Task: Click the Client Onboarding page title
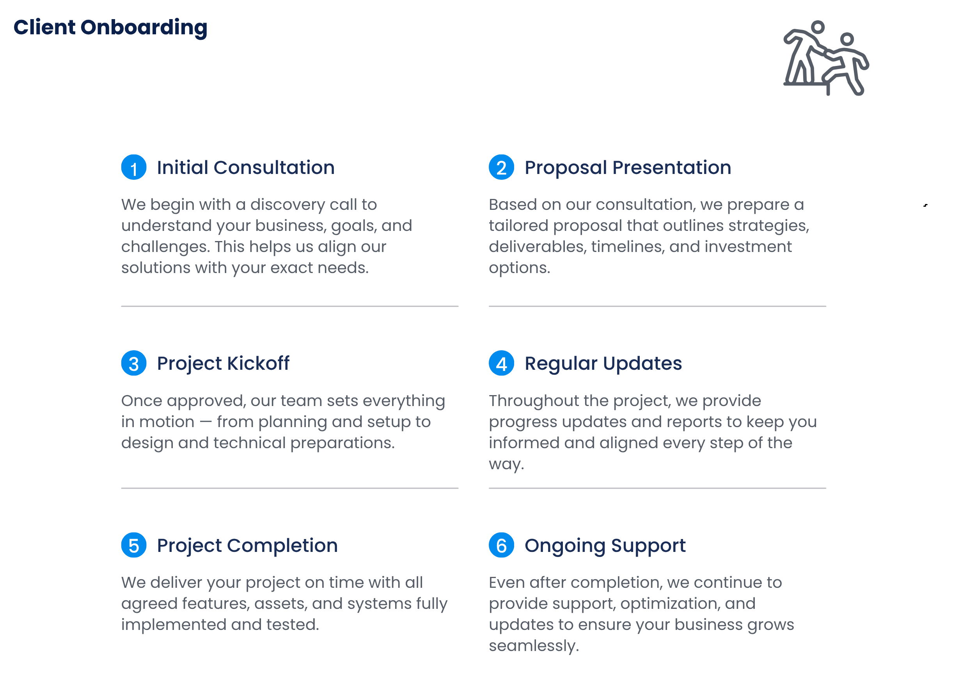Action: [110, 28]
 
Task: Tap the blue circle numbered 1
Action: [134, 167]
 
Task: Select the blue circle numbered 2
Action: [501, 167]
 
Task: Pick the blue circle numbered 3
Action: [134, 363]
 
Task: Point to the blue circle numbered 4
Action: [501, 363]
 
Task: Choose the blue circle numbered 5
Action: [134, 545]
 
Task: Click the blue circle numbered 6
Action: [501, 545]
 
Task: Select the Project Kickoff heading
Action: [223, 364]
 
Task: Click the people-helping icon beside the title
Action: [826, 58]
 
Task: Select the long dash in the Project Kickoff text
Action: [206, 422]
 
